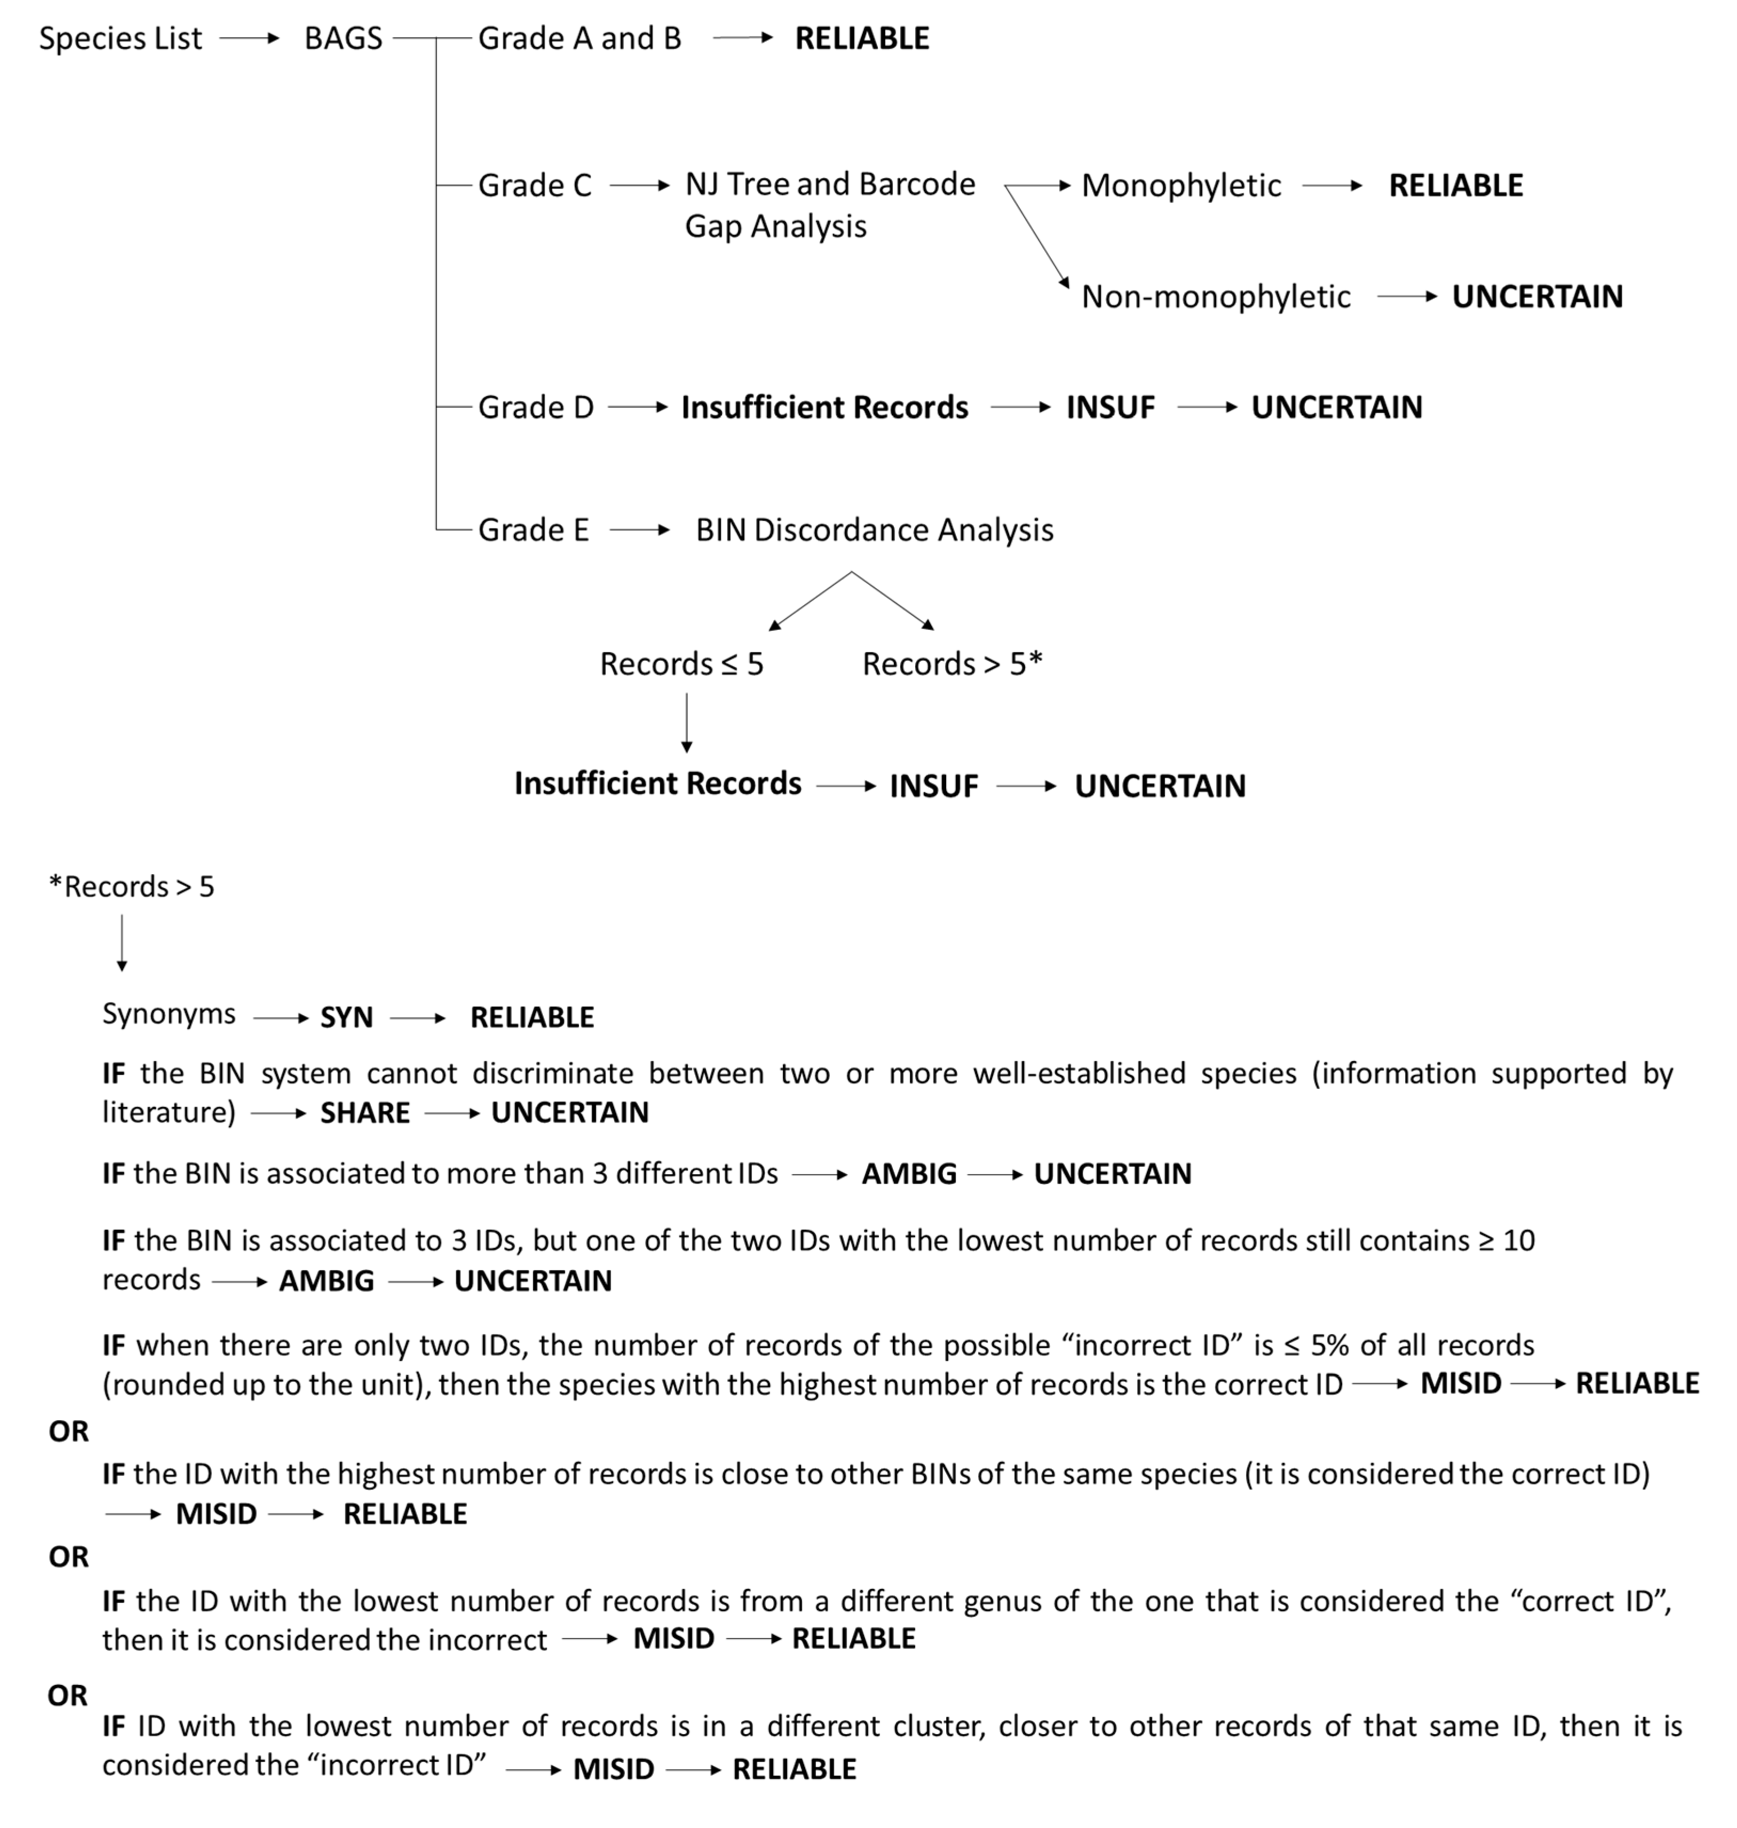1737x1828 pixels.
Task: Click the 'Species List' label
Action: [x=121, y=39]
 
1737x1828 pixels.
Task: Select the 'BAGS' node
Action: [x=343, y=39]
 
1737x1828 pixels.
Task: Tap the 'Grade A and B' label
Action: [x=580, y=39]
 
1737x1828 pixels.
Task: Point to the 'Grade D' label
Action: [x=535, y=407]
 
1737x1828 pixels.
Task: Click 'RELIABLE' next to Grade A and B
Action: [x=862, y=39]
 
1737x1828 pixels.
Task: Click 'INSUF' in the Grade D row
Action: [x=1110, y=407]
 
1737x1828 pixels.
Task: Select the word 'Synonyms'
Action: [x=169, y=1014]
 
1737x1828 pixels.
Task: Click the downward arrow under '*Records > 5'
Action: [x=121, y=943]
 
